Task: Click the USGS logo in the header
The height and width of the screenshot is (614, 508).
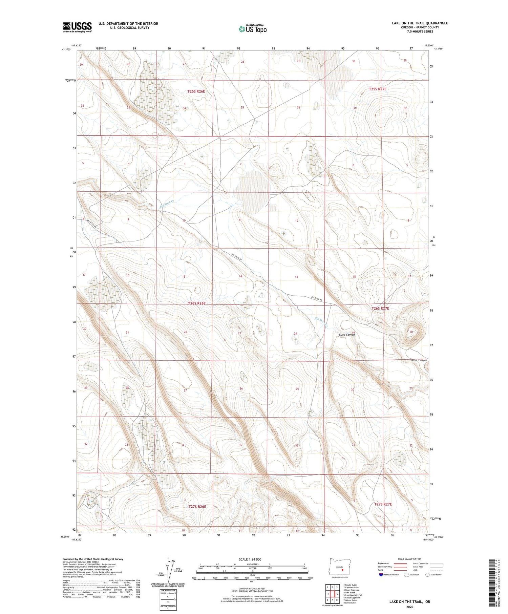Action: click(77, 27)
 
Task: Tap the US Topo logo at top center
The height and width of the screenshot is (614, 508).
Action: click(252, 29)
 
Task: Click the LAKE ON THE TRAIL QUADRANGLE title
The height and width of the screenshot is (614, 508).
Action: click(420, 23)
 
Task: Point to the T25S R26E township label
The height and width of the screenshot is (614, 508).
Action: click(196, 91)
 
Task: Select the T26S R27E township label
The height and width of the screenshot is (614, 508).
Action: click(380, 309)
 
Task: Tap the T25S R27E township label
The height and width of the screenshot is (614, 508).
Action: click(377, 89)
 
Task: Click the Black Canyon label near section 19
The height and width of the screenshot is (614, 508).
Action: click(346, 335)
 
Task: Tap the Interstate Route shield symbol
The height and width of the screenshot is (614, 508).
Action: click(381, 574)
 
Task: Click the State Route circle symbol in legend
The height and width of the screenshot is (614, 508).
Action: click(427, 574)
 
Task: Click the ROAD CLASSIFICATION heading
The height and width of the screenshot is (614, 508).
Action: click(409, 559)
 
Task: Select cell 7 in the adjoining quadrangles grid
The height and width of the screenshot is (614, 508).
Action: click(328, 600)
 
